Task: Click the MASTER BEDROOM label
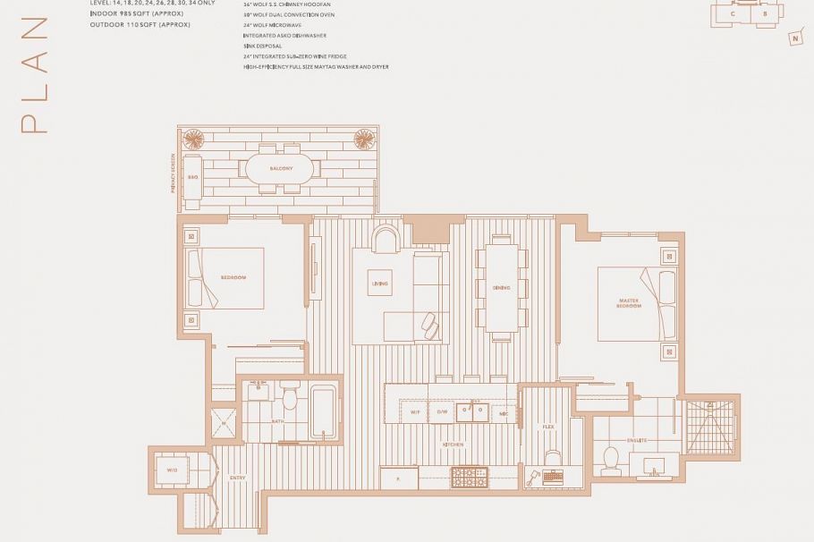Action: click(629, 303)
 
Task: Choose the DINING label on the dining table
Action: click(501, 288)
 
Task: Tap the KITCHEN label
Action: click(453, 444)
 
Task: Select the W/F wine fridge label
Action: click(416, 412)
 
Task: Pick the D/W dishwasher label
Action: click(442, 412)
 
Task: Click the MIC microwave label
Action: click(504, 412)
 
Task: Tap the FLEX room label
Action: click(548, 428)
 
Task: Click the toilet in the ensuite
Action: click(613, 459)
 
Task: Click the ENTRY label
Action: click(237, 478)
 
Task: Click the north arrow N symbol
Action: click(794, 38)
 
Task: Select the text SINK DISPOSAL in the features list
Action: click(262, 46)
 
